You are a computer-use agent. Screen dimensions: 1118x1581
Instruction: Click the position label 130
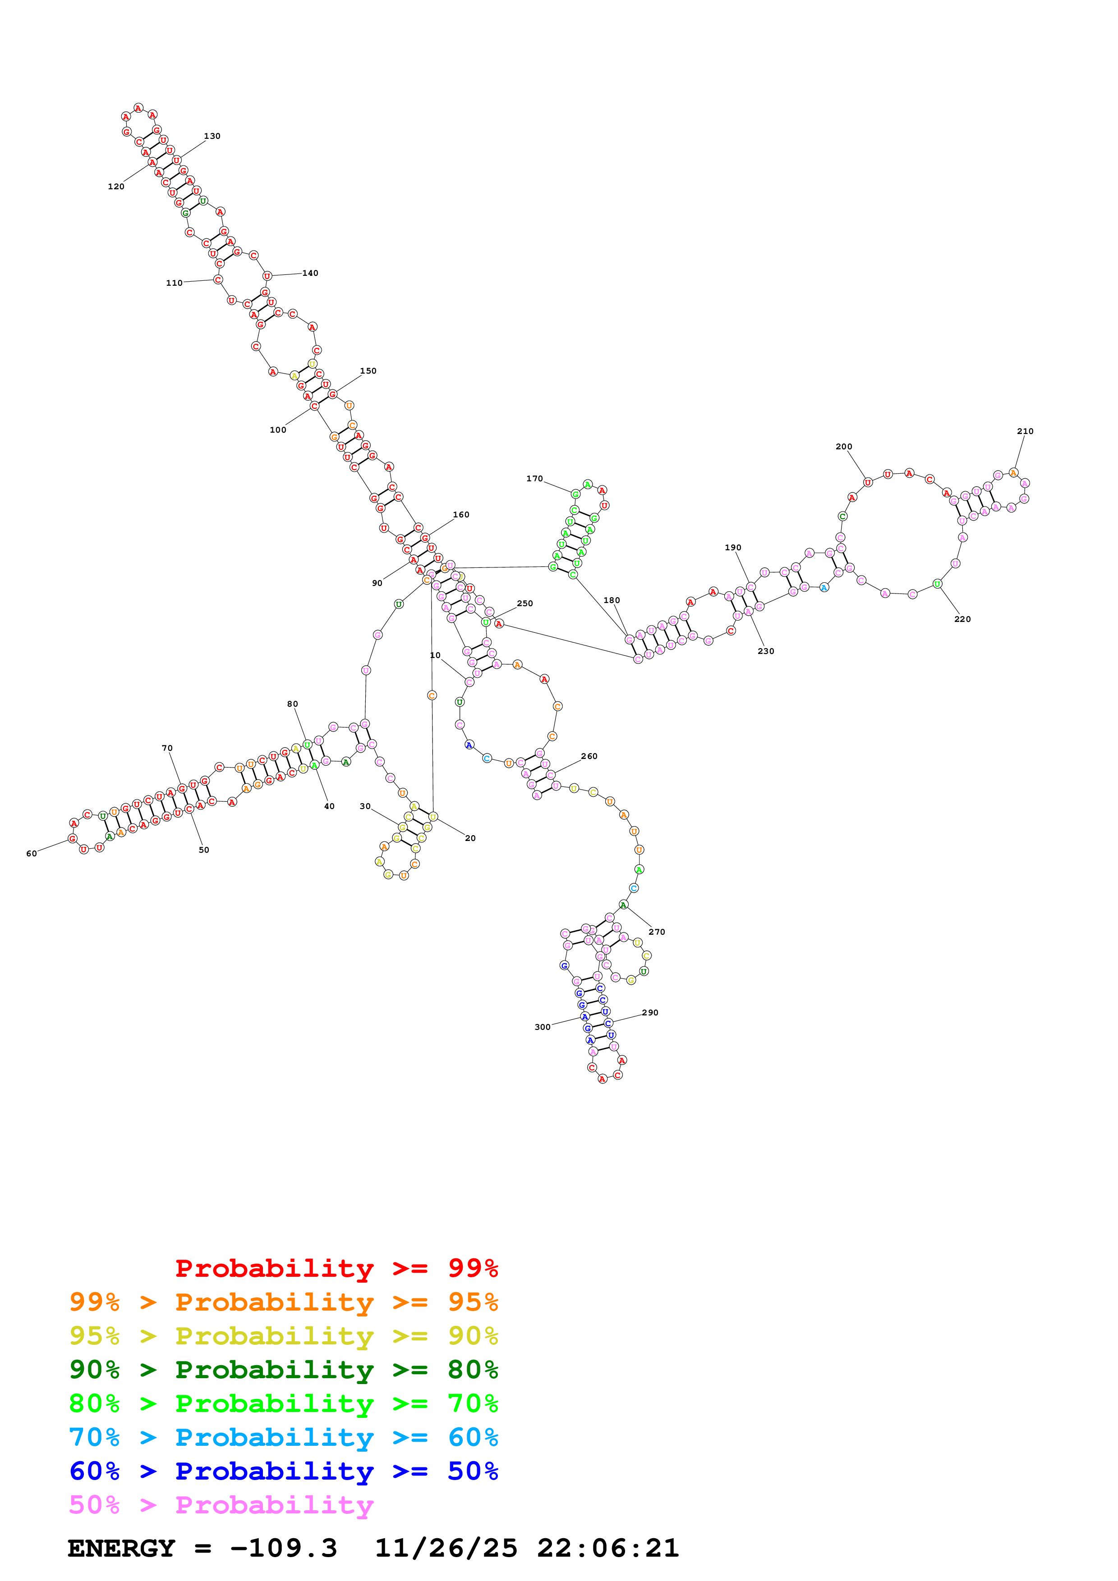click(212, 137)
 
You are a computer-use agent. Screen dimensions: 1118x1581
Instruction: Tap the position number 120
click(116, 187)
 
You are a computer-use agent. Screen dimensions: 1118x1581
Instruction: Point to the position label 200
click(844, 447)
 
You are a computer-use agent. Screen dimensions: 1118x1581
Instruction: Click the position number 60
click(32, 854)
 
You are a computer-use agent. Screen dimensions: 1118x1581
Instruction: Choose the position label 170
click(534, 479)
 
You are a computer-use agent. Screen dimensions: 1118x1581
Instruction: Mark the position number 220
click(962, 620)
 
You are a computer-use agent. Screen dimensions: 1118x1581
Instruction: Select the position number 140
click(311, 274)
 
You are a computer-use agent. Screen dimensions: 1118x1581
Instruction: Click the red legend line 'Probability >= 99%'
click(337, 1268)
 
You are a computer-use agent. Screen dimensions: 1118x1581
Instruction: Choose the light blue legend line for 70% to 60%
click(284, 1437)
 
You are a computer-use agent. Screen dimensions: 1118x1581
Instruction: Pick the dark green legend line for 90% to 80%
click(284, 1370)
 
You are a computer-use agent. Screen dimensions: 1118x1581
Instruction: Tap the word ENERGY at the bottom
click(121, 1549)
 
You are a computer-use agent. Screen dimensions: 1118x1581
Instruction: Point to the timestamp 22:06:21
click(608, 1549)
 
